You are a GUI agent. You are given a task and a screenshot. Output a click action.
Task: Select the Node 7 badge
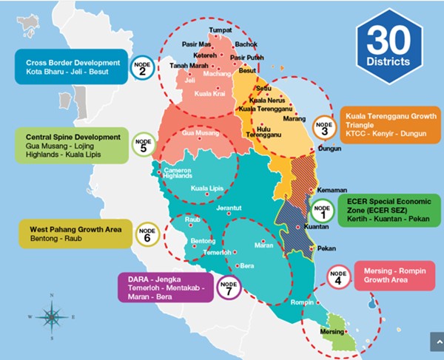coord(229,285)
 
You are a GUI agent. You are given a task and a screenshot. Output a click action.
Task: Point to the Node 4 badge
coord(338,276)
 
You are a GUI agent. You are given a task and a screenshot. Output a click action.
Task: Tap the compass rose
coord(51,316)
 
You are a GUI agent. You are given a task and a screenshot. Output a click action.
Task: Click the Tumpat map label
coord(221,30)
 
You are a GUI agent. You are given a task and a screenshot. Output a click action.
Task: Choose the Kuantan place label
coord(316,227)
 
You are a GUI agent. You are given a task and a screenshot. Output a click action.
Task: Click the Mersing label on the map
coord(332,332)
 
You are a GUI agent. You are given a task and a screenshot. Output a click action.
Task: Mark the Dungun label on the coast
coord(329,149)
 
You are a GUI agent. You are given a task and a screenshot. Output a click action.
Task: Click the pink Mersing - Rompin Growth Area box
coord(397,276)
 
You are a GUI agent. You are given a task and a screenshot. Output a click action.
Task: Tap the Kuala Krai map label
coord(209,95)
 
